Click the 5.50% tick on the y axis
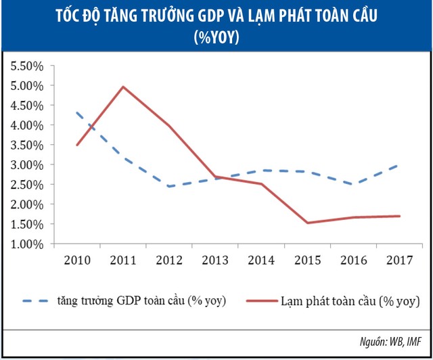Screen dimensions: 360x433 click(x=26, y=66)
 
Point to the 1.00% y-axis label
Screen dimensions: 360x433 click(x=26, y=244)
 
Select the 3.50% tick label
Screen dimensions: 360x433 click(x=26, y=145)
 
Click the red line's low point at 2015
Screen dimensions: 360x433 click(x=307, y=223)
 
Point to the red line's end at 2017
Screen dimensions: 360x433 click(x=400, y=216)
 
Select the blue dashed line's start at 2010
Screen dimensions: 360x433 click(x=78, y=113)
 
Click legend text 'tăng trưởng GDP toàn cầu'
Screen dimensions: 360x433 click(x=143, y=300)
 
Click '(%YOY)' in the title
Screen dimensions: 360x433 click(x=216, y=37)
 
